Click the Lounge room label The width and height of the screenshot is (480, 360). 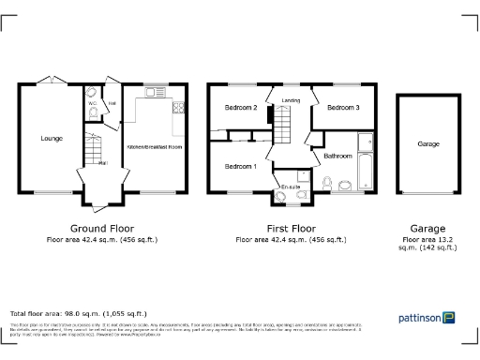52,139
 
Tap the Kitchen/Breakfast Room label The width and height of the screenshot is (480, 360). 155,148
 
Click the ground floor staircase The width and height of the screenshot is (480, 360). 90,147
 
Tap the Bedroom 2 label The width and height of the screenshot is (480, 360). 241,108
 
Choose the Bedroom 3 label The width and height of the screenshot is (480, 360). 343,108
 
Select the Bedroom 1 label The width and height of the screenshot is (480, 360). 241,166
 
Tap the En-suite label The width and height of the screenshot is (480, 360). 292,187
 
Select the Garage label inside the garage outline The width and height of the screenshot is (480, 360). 428,144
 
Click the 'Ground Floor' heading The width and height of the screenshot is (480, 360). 102,228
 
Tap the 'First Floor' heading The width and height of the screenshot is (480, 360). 290,228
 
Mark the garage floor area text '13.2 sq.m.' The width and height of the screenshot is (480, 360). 428,244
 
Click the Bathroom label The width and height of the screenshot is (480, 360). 338,155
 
